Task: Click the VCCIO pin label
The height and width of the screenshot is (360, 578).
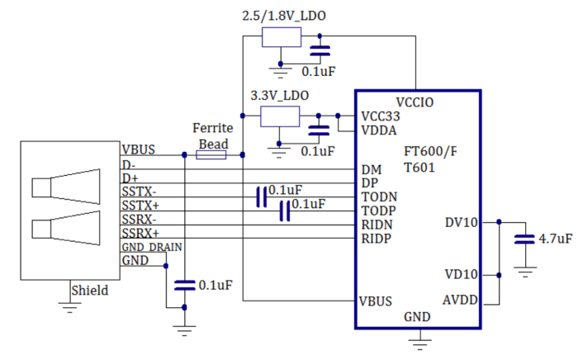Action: pyautogui.click(x=415, y=102)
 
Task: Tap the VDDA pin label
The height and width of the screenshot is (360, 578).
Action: pyautogui.click(x=379, y=130)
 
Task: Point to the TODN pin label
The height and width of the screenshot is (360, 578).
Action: pyautogui.click(x=379, y=197)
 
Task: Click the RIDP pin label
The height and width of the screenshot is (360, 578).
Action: pyautogui.click(x=377, y=239)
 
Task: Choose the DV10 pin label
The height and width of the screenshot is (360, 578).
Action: pyautogui.click(x=461, y=221)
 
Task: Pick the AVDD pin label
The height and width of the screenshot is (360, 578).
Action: pyautogui.click(x=461, y=299)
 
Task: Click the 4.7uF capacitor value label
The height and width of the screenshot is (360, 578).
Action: pyautogui.click(x=555, y=239)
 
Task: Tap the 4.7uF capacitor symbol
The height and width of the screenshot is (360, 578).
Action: pyautogui.click(x=523, y=239)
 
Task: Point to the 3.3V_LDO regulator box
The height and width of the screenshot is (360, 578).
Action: pyautogui.click(x=280, y=116)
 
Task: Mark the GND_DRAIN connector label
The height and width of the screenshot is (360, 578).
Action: pyautogui.click(x=152, y=247)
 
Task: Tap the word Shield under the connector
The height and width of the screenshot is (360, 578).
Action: pyautogui.click(x=89, y=291)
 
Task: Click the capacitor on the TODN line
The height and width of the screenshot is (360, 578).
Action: pyautogui.click(x=262, y=197)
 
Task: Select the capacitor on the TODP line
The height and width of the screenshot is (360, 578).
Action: pyautogui.click(x=285, y=211)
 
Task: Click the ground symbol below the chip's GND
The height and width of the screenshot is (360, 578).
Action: pyautogui.click(x=421, y=337)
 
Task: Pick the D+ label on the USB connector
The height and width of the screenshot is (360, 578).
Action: pyautogui.click(x=130, y=178)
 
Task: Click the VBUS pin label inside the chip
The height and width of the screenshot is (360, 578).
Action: pyautogui.click(x=376, y=301)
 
